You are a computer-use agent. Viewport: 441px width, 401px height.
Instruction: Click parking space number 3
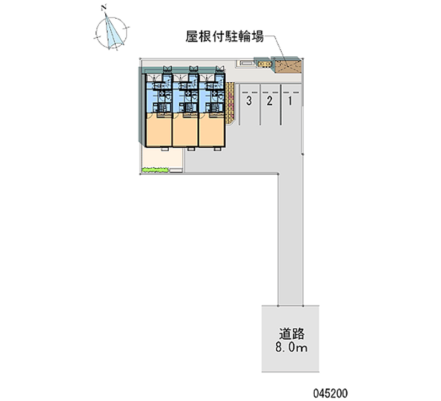(x=250, y=101)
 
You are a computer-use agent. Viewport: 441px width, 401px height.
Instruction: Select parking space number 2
(x=270, y=101)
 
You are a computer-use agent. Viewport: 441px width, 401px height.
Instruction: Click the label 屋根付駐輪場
(x=224, y=38)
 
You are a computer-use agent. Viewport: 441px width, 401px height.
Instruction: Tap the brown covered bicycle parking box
(x=288, y=66)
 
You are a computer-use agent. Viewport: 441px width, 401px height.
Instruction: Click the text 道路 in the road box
(x=292, y=333)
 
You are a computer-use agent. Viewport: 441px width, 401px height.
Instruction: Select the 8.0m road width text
(x=292, y=347)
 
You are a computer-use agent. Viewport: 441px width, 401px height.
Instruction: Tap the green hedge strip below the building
(x=155, y=170)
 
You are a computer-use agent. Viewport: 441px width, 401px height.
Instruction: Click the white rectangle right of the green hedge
(x=175, y=170)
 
